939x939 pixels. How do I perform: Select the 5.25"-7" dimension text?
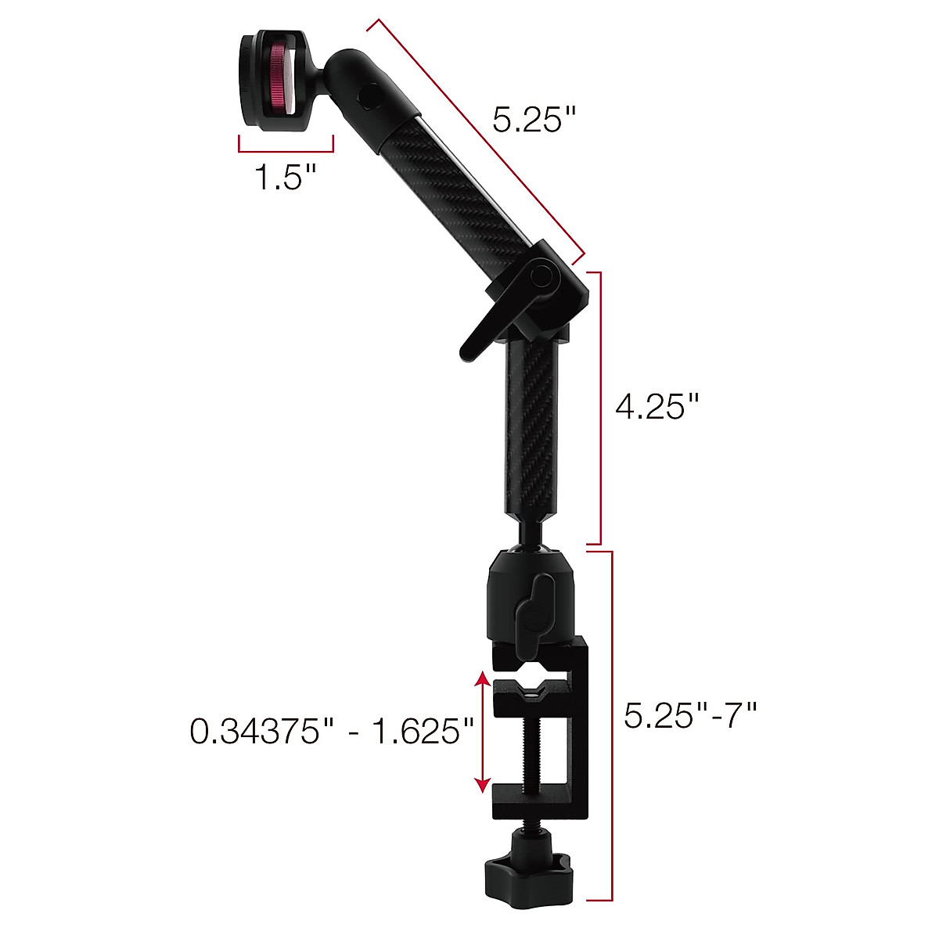[691, 714]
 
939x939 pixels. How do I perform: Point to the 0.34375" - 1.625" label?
[333, 732]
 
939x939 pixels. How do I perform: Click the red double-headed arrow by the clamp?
[482, 732]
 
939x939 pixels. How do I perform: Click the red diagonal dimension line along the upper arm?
[476, 139]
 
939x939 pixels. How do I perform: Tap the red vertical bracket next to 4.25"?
[599, 407]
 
